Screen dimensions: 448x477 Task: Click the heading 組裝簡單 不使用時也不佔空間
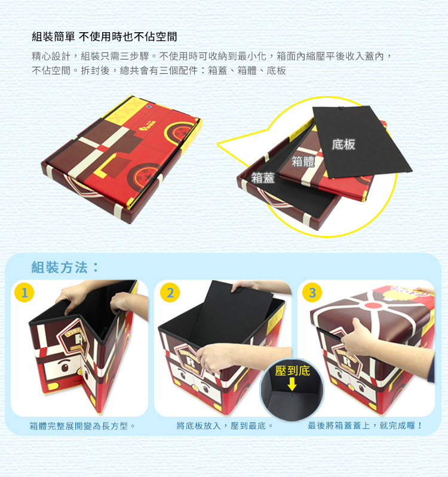[104, 37]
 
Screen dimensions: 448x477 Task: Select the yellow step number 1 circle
[24, 292]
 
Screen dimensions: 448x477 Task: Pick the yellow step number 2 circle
[170, 292]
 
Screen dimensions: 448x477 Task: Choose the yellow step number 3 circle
[312, 292]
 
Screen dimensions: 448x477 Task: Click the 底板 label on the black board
[343, 144]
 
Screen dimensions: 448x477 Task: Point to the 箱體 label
[303, 161]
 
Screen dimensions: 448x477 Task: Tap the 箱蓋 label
[263, 178]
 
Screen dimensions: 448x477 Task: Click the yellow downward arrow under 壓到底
[292, 384]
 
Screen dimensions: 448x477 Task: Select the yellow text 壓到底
[292, 371]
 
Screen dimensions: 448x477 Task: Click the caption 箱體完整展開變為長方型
[82, 426]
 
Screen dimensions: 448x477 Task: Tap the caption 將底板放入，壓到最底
[225, 426]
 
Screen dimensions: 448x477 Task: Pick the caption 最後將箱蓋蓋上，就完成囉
[365, 425]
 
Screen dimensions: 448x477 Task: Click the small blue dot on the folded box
[149, 107]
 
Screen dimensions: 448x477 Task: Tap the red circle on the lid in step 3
[373, 305]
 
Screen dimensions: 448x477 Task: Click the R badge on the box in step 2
[190, 361]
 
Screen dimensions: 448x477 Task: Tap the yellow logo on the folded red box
[148, 125]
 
